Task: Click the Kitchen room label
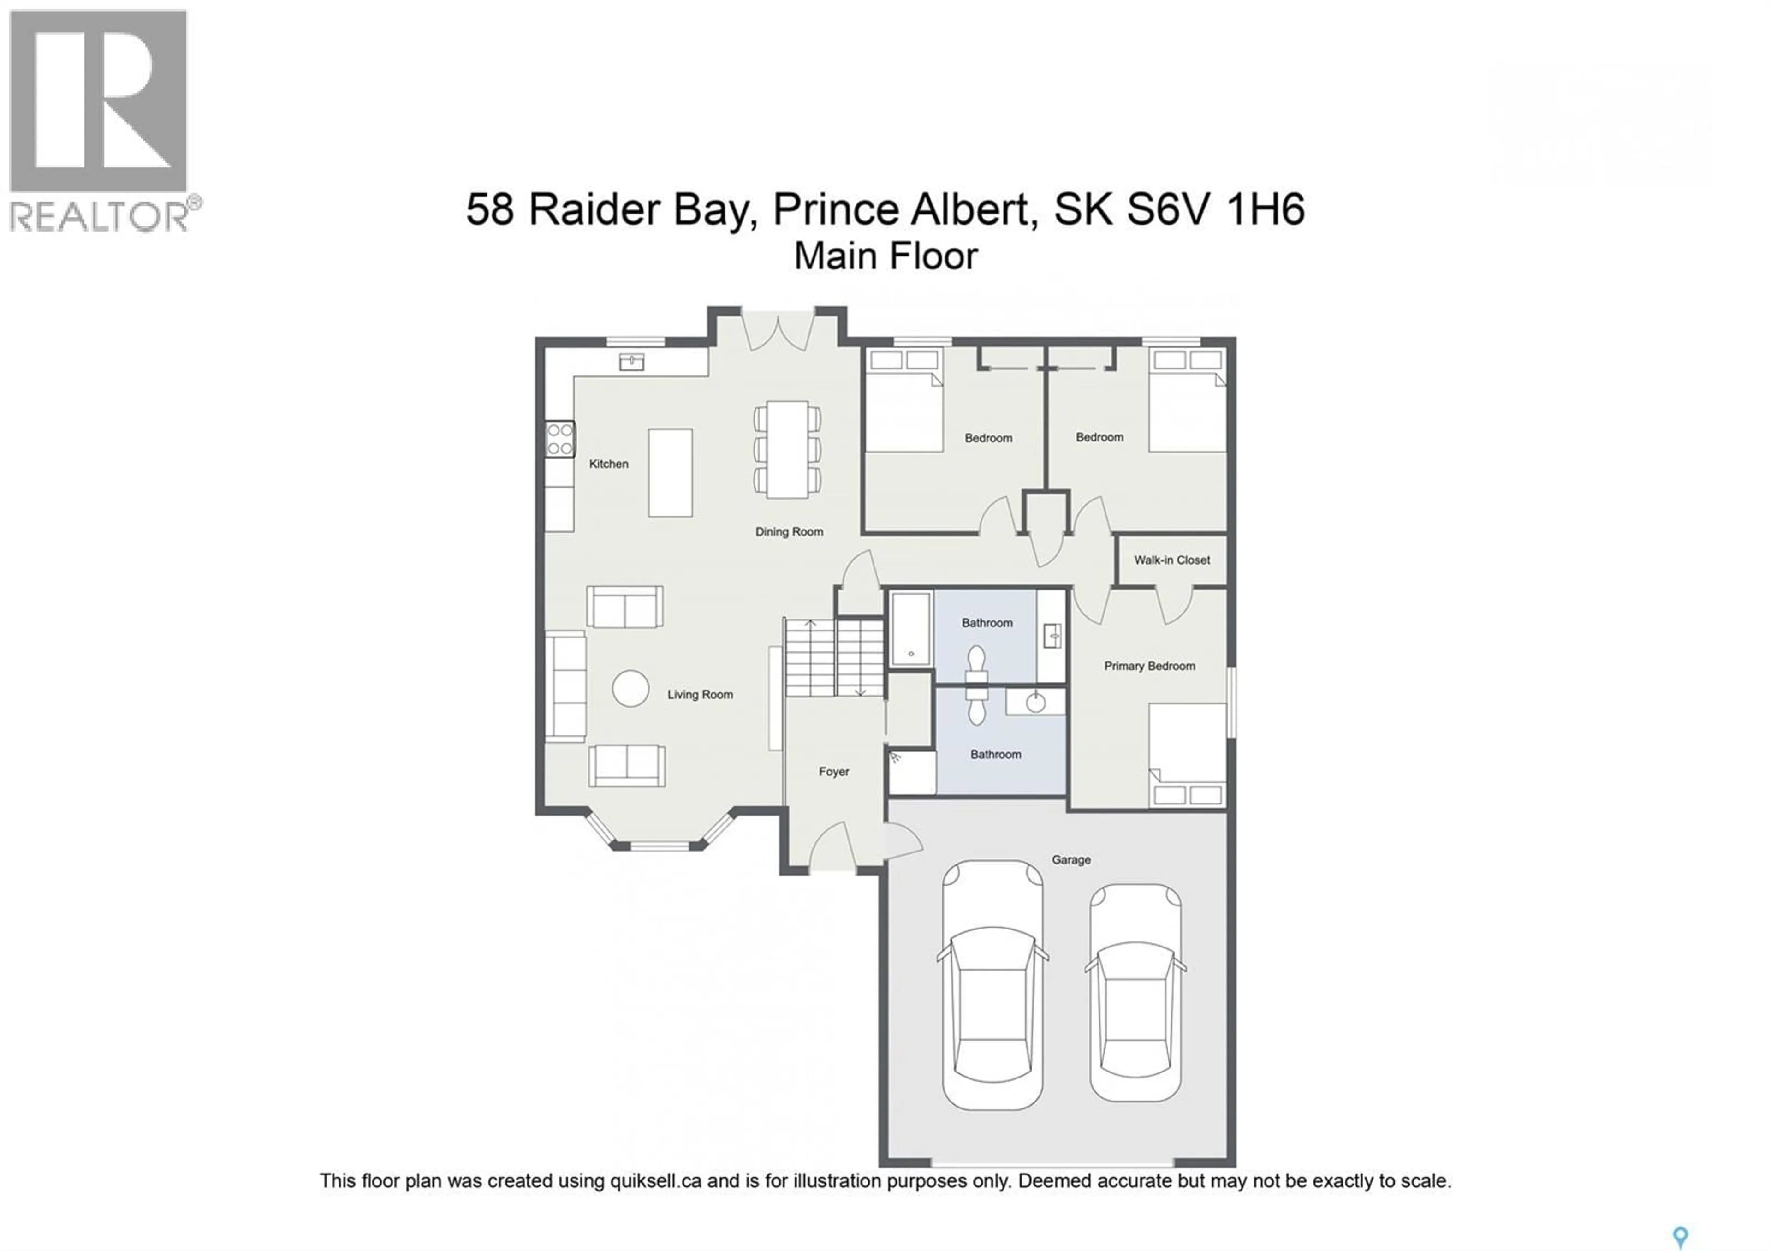pos(609,464)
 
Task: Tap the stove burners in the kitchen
pos(560,440)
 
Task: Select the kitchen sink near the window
pos(632,362)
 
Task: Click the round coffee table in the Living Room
pos(630,688)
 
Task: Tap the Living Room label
pos(700,695)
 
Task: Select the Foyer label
pos(834,771)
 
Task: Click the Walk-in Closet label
pos(1171,560)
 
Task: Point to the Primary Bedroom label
pos(1149,666)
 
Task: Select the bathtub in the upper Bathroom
pos(911,629)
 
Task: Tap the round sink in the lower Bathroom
pos(1036,702)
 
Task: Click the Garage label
pos(1070,859)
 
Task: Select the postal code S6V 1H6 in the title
pos(1216,209)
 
